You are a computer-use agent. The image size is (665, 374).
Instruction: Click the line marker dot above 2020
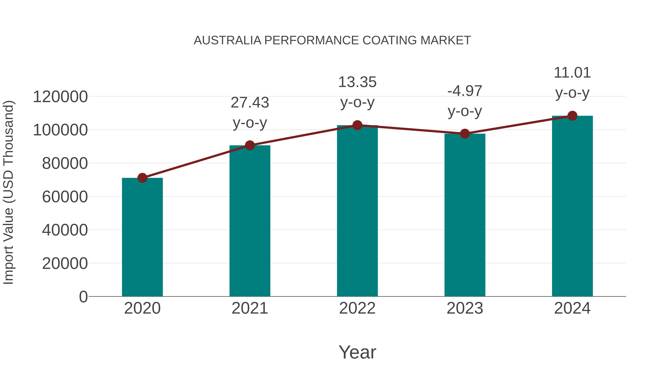142,178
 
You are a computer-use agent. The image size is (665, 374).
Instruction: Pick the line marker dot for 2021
250,145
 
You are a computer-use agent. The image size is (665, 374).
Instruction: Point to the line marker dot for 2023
465,134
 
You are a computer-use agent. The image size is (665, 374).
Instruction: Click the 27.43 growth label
250,103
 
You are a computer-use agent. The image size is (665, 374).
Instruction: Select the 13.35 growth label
357,82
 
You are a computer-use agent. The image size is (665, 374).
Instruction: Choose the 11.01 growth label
572,73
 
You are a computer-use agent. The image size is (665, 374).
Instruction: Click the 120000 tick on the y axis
60,97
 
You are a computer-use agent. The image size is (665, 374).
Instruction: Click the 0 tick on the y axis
83,297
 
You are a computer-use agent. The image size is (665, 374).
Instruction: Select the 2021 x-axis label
250,308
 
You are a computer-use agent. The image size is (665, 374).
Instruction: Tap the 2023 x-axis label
465,308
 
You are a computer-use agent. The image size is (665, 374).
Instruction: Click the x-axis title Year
357,352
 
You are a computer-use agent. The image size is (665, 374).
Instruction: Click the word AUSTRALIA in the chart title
227,40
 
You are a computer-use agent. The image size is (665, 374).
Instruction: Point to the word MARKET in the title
446,40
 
